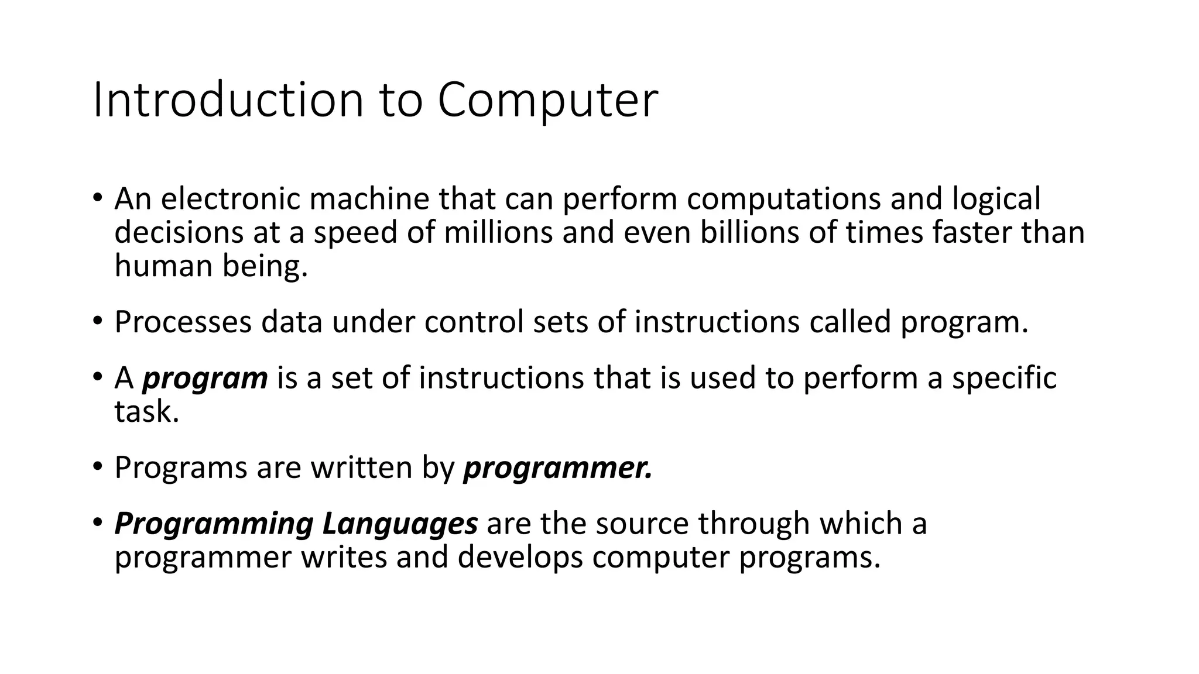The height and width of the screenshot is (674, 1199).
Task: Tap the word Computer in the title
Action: click(547, 100)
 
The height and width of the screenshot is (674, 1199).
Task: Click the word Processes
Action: click(183, 322)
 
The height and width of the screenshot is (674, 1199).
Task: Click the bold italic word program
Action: click(205, 379)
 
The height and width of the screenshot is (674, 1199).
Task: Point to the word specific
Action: click(1004, 378)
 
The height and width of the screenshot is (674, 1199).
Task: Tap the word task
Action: click(146, 412)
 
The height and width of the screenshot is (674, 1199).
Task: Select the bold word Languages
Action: click(400, 524)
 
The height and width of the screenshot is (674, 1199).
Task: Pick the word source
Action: click(642, 524)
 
